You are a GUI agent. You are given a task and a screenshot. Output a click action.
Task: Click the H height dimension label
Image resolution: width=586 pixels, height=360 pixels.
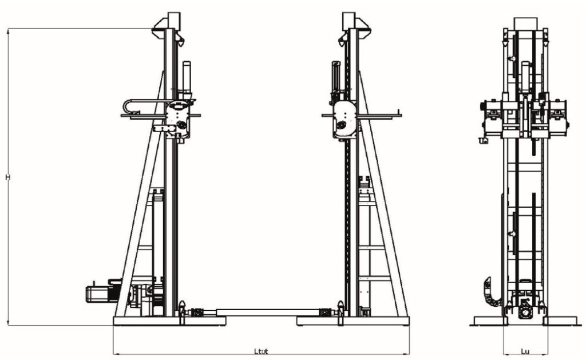click(7, 177)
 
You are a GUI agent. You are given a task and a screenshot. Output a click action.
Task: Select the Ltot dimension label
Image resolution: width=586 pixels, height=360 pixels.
click(261, 351)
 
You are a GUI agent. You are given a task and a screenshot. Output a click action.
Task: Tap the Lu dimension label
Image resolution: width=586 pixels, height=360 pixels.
click(525, 351)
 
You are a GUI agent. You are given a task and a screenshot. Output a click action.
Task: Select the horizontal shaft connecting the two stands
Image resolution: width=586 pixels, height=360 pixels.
click(268, 312)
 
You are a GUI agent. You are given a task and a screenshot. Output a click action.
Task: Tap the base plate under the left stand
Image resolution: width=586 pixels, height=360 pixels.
click(169, 321)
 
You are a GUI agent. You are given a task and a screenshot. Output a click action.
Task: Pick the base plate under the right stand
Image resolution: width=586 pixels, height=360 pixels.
click(353, 321)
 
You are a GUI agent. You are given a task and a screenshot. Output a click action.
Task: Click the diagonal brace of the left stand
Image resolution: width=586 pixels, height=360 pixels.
click(140, 195)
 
